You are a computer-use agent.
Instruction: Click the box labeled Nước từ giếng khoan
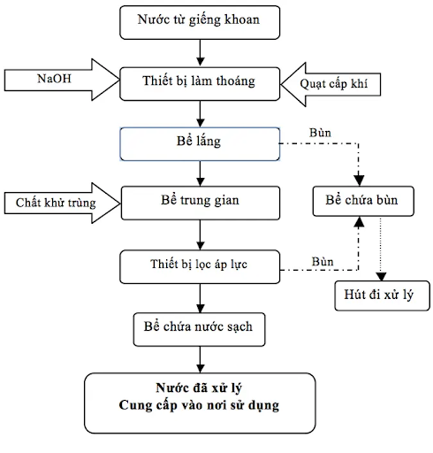point(198,19)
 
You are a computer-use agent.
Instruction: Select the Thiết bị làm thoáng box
point(198,81)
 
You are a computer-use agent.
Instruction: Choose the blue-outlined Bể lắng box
point(200,141)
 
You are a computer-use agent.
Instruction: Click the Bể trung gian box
point(201,201)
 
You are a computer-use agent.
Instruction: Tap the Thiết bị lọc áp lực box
point(200,264)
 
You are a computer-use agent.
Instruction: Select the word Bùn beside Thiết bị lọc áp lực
point(322,262)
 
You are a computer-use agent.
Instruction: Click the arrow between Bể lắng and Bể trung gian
point(201,170)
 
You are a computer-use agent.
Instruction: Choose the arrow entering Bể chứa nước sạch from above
point(201,296)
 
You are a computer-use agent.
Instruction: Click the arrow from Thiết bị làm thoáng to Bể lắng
point(201,110)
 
